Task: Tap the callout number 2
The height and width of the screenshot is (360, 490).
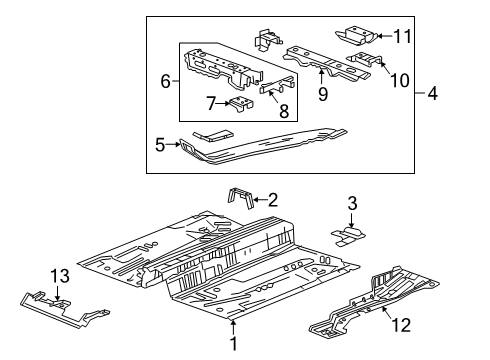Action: pyautogui.click(x=271, y=199)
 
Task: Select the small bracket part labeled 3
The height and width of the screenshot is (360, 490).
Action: pyautogui.click(x=347, y=234)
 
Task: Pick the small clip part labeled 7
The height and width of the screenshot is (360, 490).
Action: pyautogui.click(x=241, y=102)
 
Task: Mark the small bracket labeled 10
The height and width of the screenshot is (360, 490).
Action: pyautogui.click(x=365, y=62)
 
